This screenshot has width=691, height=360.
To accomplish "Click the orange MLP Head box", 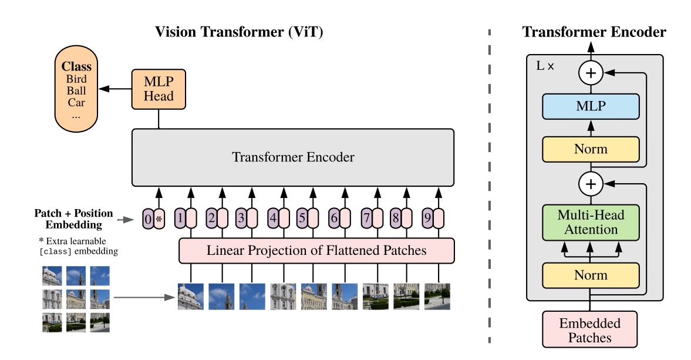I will click(159, 89).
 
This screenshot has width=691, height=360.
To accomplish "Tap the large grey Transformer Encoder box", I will click(293, 157).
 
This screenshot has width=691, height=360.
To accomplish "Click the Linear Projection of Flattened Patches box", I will click(316, 251).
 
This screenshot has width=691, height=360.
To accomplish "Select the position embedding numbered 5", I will click(302, 218).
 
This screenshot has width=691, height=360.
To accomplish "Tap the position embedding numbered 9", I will click(427, 218).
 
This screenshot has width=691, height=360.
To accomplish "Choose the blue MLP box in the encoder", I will click(591, 106).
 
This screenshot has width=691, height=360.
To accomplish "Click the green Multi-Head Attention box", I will click(591, 222).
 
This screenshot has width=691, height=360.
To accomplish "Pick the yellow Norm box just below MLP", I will click(591, 149).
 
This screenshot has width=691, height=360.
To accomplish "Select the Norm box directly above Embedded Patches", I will click(591, 275).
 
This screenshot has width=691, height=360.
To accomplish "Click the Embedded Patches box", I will click(591, 330).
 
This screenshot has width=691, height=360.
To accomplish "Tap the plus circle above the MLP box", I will click(591, 73).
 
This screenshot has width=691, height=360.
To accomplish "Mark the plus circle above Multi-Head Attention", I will click(591, 184).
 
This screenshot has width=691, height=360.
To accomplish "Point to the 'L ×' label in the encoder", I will click(545, 66).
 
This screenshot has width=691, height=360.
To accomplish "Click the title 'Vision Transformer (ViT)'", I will click(240, 32).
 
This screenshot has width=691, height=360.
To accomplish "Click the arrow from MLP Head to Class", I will click(115, 89).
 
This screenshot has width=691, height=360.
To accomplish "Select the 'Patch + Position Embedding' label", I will click(73, 218).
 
